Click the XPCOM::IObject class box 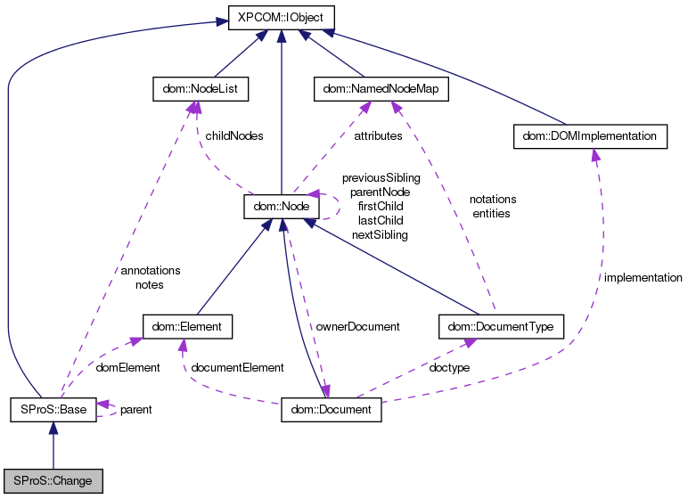point(282,16)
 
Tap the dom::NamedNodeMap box point(381,89)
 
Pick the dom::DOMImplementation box point(590,136)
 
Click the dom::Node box point(282,207)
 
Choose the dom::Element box point(188,326)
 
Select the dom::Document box point(332,410)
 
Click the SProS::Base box point(53,410)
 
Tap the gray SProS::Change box point(53,480)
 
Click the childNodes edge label point(234,136)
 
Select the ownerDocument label point(358,326)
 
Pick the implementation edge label point(643,278)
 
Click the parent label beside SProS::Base point(135,410)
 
